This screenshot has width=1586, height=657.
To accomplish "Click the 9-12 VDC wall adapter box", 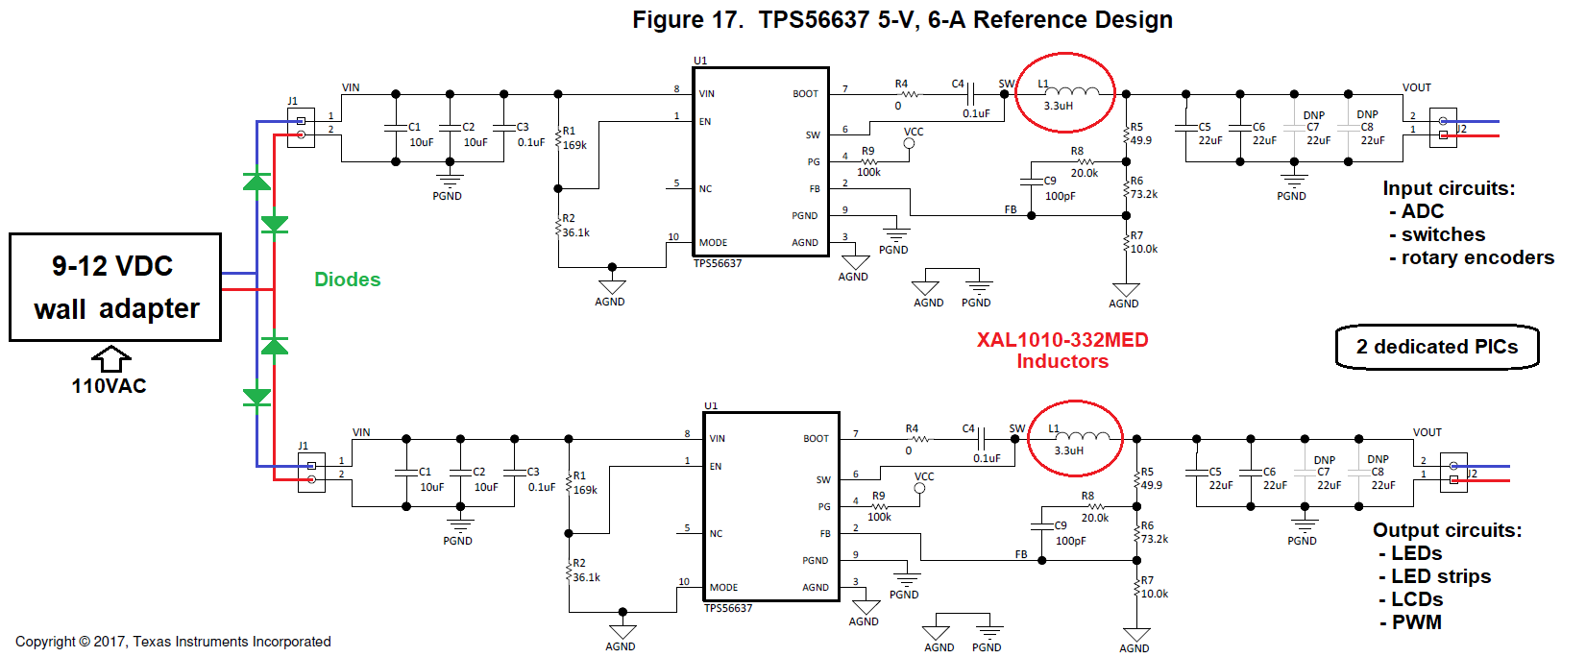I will pyautogui.click(x=115, y=287).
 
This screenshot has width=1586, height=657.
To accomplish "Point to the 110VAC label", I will pyautogui.click(x=109, y=386).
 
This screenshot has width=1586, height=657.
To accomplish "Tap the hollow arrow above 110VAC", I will pyautogui.click(x=111, y=358).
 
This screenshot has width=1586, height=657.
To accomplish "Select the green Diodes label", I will pyautogui.click(x=347, y=280).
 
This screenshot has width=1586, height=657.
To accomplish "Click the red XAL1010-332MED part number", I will pyautogui.click(x=1062, y=340).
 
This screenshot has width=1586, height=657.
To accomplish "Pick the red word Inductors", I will pyautogui.click(x=1062, y=361).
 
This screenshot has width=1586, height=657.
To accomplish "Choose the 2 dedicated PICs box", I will pyautogui.click(x=1437, y=347).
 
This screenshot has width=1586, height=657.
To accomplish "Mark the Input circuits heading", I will pyautogui.click(x=1449, y=188).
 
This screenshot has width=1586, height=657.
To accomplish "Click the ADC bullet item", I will pyautogui.click(x=1422, y=211).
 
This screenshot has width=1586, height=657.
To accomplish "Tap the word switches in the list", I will pyautogui.click(x=1443, y=234).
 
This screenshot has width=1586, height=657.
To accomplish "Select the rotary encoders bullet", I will pyautogui.click(x=1477, y=257).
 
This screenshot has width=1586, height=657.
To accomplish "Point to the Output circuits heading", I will pyautogui.click(x=1447, y=530).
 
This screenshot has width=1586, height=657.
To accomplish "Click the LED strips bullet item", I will pyautogui.click(x=1441, y=576).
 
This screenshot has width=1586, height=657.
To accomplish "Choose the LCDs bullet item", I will pyautogui.click(x=1417, y=599).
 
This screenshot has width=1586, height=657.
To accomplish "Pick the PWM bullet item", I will pyautogui.click(x=1417, y=622).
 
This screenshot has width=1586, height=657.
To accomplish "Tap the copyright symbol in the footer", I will pyautogui.click(x=85, y=642).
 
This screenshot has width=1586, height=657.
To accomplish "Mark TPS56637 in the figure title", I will pyautogui.click(x=814, y=20).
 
